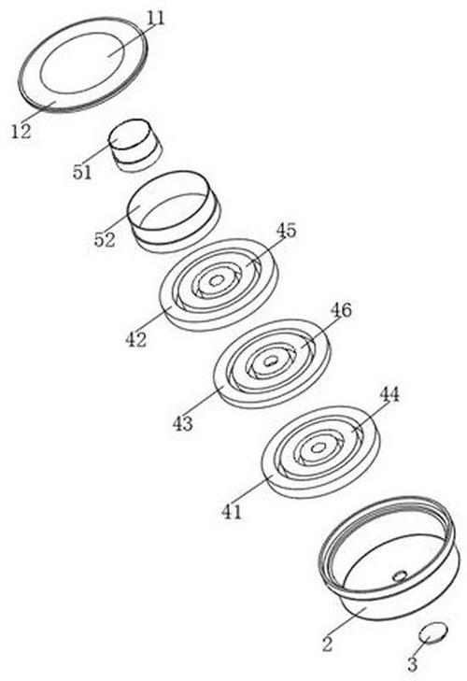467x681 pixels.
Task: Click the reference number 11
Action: [156, 19]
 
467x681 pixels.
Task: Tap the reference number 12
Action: [21, 131]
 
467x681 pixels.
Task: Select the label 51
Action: [82, 173]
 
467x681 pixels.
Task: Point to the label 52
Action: [105, 239]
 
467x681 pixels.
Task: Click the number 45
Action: [286, 230]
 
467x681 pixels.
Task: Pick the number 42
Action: [136, 339]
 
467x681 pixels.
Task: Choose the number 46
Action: [341, 310]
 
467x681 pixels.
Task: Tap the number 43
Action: [182, 422]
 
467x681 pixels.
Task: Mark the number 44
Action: [389, 395]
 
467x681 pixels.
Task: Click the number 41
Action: [231, 512]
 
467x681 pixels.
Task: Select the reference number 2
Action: [327, 644]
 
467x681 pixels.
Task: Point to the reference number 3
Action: [412, 664]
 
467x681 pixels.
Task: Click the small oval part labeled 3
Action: [432, 631]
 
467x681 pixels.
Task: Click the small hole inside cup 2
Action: [399, 575]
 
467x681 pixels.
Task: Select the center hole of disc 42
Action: [216, 281]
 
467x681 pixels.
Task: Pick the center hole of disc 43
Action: [271, 361]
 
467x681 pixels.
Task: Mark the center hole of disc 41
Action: [318, 447]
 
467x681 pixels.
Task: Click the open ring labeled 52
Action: [173, 211]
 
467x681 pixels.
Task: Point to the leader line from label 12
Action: [38, 111]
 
